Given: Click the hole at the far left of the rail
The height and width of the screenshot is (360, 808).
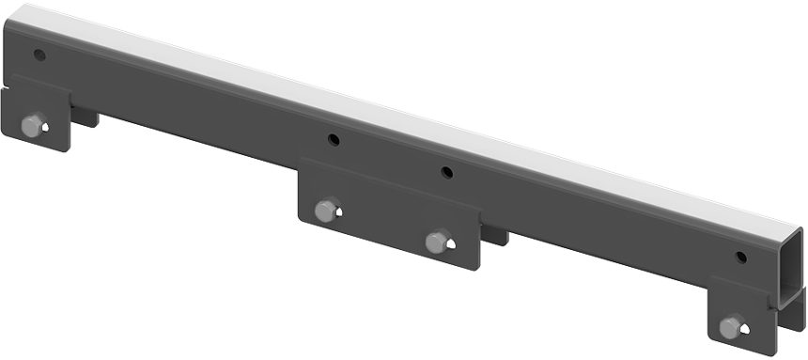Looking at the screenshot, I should pos(39,55).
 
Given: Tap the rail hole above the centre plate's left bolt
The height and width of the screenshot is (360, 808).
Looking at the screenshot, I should pos(334,140).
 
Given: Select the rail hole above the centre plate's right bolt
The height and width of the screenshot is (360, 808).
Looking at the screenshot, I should pos(446,172).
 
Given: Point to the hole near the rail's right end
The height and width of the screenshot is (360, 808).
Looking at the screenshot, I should pos(740,257).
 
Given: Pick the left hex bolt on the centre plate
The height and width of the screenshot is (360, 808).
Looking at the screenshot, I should pos(326,210).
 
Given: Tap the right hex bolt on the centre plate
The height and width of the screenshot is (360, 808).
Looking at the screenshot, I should pos(437,242).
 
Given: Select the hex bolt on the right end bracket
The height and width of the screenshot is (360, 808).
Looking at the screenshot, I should pos(731,327).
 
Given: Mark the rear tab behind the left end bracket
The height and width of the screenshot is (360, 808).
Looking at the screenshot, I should pos(85,117).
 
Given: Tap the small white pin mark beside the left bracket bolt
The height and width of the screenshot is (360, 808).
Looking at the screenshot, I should pos(47,125).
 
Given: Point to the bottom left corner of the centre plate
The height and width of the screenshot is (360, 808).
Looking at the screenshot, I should pos(301,222).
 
